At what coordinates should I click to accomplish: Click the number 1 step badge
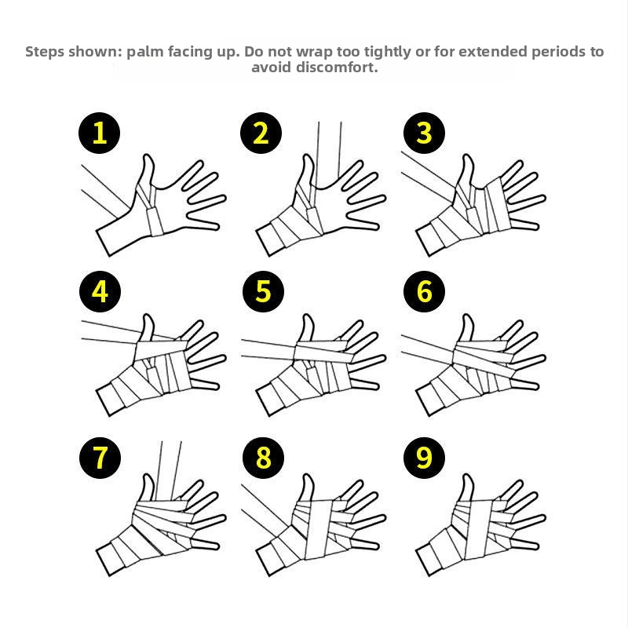tap(100, 133)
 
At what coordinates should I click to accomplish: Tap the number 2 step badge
tap(261, 133)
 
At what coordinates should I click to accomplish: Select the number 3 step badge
tap(424, 133)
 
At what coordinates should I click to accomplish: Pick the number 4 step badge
tap(100, 291)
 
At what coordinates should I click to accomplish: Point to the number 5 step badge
tap(263, 291)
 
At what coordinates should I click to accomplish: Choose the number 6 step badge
tap(424, 291)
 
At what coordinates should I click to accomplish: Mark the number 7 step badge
tap(100, 458)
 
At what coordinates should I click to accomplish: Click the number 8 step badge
tap(263, 458)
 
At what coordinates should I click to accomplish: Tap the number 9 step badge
tap(424, 458)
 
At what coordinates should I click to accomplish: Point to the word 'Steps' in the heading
tap(45, 52)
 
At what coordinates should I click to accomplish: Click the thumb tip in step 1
tap(148, 156)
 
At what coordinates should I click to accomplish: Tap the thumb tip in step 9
tap(467, 476)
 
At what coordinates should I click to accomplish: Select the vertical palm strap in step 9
tap(479, 528)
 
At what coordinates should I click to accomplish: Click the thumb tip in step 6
tap(467, 316)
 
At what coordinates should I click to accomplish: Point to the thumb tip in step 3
tap(467, 156)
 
